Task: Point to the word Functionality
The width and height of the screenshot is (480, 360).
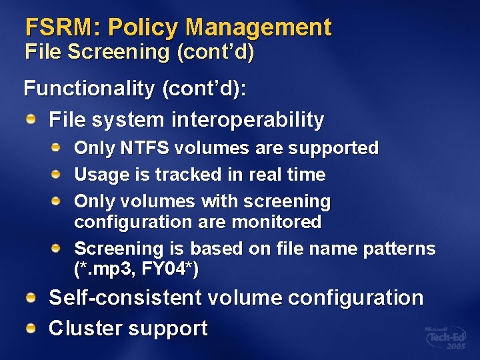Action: (x=89, y=89)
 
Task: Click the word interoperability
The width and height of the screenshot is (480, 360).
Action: (x=247, y=120)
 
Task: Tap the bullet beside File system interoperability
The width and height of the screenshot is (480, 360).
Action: (x=32, y=119)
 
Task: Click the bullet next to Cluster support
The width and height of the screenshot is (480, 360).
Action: (x=32, y=327)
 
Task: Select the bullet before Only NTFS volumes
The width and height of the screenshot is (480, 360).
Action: (x=59, y=147)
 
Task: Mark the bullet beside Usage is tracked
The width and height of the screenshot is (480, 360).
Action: (x=59, y=174)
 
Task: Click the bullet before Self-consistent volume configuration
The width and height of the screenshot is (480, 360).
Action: (x=32, y=297)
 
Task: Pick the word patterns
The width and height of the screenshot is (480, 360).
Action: (x=399, y=249)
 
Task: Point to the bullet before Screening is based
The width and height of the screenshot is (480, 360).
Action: (x=59, y=248)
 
